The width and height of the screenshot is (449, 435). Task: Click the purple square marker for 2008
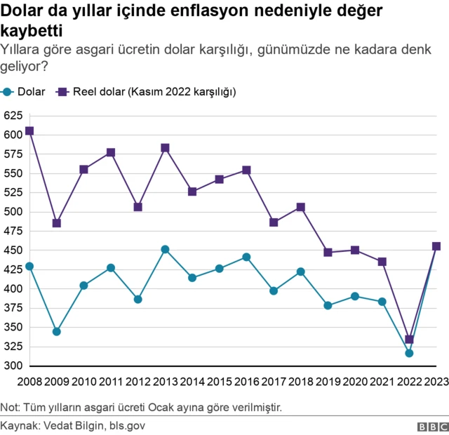tap(29, 130)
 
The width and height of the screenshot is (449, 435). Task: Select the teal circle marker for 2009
tap(57, 331)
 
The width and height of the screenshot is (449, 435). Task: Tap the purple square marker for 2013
tap(165, 148)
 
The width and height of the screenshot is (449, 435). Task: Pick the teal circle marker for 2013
tap(165, 249)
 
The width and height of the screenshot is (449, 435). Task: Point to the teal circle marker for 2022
tap(409, 353)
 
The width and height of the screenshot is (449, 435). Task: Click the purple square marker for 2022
tap(409, 340)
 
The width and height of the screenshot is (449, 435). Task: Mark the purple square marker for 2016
tap(246, 170)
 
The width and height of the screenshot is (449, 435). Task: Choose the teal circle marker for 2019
tap(328, 305)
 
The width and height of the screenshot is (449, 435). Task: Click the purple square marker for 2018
tap(300, 207)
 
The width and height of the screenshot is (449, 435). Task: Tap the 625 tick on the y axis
tap(13, 115)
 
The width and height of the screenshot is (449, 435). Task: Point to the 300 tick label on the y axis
tap(13, 366)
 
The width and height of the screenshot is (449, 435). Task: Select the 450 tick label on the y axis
tap(13, 250)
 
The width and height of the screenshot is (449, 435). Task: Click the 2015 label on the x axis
tap(219, 382)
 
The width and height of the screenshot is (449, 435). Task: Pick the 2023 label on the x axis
tap(436, 382)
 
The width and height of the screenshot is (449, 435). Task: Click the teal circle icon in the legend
tap(8, 92)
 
